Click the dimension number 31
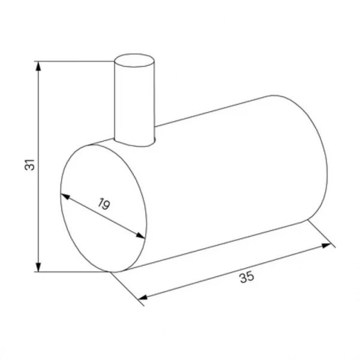tap(29, 164)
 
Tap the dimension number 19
tap(104, 203)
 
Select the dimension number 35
tap(247, 277)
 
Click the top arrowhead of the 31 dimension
tap(38, 66)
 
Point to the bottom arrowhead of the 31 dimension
tap(38, 267)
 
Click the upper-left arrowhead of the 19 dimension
tap(65, 196)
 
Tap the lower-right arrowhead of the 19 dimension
tap(140, 236)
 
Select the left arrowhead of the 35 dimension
tap(143, 298)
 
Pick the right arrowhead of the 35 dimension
tap(326, 245)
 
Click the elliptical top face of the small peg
tap(134, 61)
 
